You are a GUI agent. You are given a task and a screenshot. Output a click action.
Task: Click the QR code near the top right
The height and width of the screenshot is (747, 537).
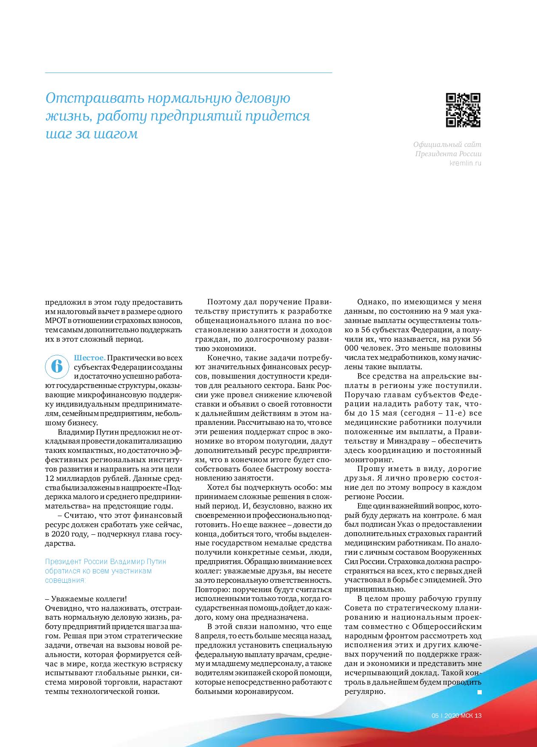pyautogui.click(x=464, y=110)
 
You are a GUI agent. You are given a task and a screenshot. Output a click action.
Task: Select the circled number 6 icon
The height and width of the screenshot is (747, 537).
pyautogui.click(x=56, y=366)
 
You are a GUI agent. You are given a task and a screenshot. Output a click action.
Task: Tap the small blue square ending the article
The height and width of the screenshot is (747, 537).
pyautogui.click(x=480, y=692)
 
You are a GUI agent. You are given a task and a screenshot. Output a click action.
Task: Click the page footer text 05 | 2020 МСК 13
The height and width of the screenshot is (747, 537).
pyautogui.click(x=456, y=716)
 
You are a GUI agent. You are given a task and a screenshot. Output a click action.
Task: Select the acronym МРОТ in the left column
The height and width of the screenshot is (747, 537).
pyautogui.click(x=56, y=321)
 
